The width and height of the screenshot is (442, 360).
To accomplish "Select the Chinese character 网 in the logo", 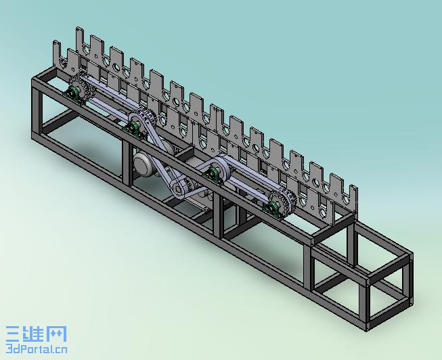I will pyautogui.click(x=57, y=334).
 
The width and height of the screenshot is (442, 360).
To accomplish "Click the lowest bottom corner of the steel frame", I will pyautogui.click(x=368, y=330).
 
